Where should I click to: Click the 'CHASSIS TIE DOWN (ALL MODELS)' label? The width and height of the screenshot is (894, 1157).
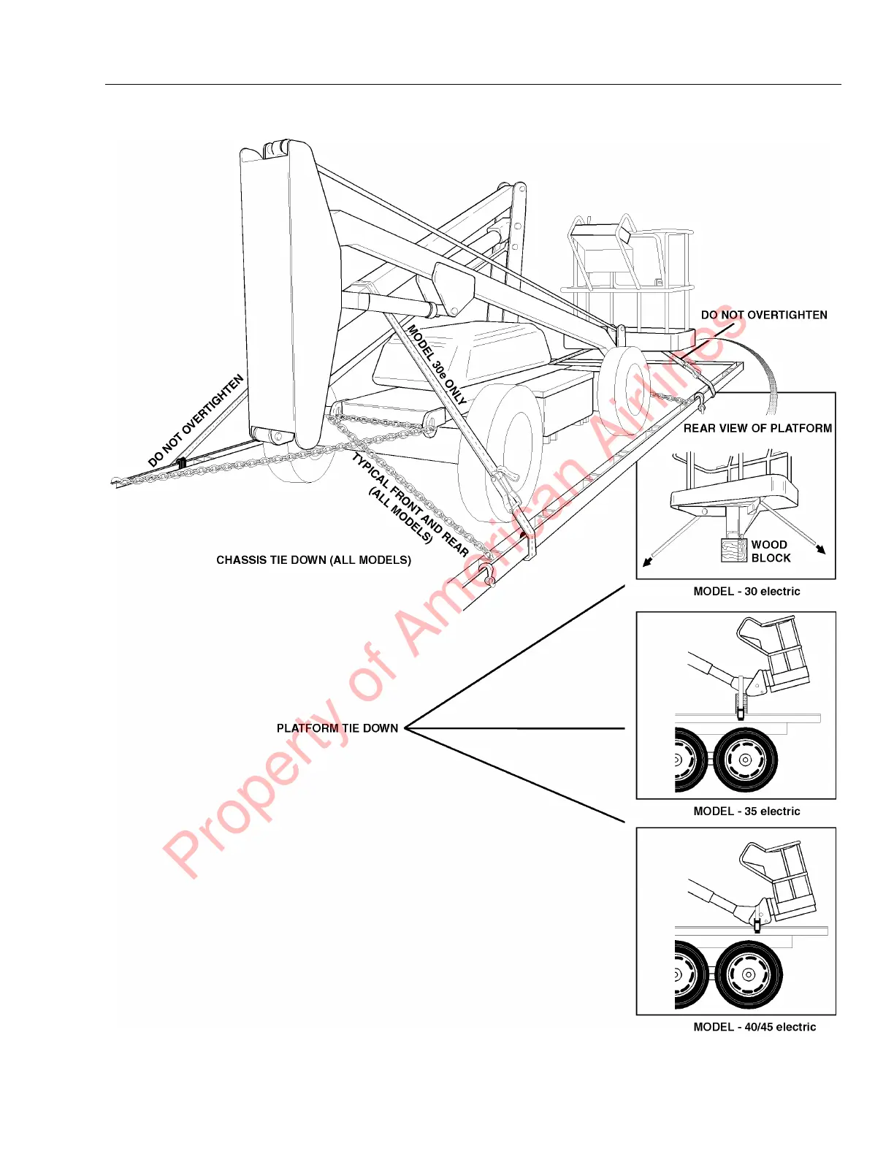coord(313,560)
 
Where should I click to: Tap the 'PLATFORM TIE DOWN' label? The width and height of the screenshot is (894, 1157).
coord(337,728)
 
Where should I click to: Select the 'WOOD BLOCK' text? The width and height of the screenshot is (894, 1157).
coord(771,551)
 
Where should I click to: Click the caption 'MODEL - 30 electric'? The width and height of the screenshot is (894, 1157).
coord(746,592)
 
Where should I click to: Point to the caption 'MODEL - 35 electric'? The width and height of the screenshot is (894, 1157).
coord(746,812)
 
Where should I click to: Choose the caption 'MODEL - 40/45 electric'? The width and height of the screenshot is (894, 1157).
coord(754,1027)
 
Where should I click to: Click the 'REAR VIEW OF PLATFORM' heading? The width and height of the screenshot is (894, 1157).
coord(757,429)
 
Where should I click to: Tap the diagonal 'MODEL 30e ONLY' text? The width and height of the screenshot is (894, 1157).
coord(437,365)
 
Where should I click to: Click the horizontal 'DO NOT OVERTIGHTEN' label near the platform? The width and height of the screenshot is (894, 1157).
coord(764,316)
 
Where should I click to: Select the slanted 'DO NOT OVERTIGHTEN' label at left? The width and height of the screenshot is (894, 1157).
coord(196,421)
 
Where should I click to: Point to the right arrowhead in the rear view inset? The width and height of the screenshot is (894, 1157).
coord(821,549)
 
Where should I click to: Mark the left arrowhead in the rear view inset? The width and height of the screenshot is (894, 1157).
coord(646,562)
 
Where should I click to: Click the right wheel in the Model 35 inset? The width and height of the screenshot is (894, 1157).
coord(745,760)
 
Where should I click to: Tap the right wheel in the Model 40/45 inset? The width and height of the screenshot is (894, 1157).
coord(748,974)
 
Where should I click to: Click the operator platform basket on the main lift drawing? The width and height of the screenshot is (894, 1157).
coord(628,278)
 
